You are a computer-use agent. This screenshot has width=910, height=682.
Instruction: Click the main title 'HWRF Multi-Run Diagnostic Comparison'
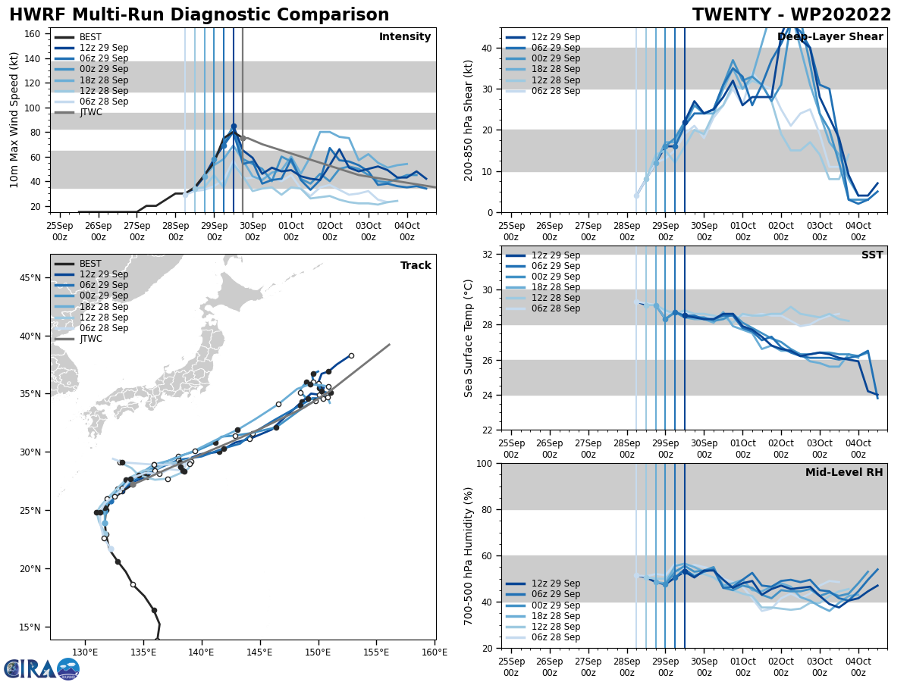pyautogui.click(x=199, y=15)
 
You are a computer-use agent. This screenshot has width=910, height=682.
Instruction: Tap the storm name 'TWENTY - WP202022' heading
pyautogui.click(x=792, y=15)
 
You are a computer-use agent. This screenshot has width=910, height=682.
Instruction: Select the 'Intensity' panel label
pyautogui.click(x=405, y=37)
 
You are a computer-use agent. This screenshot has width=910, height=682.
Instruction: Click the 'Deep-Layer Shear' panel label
pyautogui.click(x=830, y=37)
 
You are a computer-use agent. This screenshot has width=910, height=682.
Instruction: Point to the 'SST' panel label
pyautogui.click(x=872, y=255)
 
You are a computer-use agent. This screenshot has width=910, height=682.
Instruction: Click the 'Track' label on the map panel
pyautogui.click(x=416, y=266)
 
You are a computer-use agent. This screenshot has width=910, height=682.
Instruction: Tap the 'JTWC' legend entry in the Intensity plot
pyautogui.click(x=91, y=112)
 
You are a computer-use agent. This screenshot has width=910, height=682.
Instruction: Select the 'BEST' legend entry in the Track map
pyautogui.click(x=90, y=264)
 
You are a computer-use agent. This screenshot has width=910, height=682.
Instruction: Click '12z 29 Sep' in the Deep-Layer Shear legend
pyautogui.click(x=555, y=37)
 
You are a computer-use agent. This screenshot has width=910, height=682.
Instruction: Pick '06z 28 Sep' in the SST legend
pyautogui.click(x=555, y=308)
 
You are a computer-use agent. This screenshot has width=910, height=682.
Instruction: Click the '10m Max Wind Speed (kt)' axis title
pyautogui.click(x=14, y=120)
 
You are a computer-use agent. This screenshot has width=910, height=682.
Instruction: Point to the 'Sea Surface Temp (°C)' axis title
pyautogui.click(x=469, y=338)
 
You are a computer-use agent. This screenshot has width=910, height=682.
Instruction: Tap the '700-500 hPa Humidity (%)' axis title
pyautogui.click(x=469, y=555)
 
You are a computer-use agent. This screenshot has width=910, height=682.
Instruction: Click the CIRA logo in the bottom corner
pyautogui.click(x=42, y=668)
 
